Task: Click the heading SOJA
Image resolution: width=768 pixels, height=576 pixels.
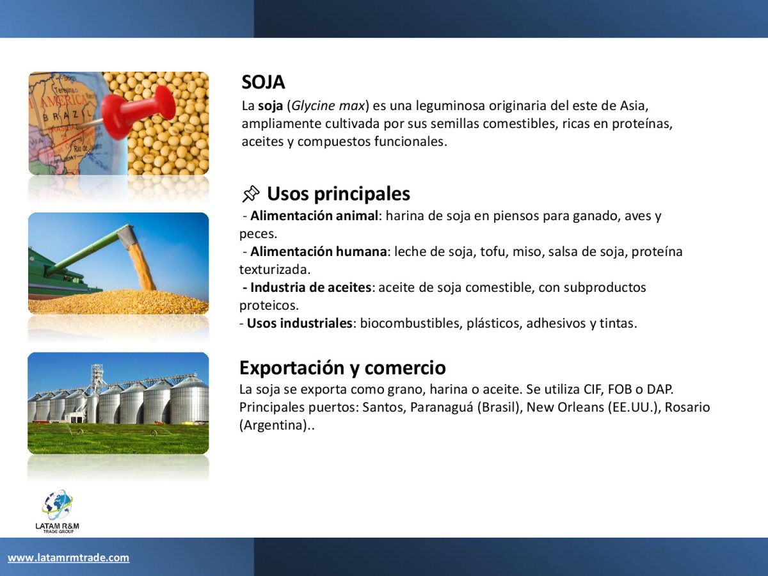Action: pyautogui.click(x=263, y=82)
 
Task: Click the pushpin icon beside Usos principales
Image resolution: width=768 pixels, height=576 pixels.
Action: pyautogui.click(x=251, y=194)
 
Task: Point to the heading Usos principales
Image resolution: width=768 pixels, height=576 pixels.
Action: pyautogui.click(x=339, y=194)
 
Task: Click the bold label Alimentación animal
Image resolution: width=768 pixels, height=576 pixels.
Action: pyautogui.click(x=314, y=216)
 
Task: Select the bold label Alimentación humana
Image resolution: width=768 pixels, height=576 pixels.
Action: pyautogui.click(x=318, y=252)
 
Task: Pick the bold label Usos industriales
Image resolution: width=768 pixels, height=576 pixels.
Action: pyautogui.click(x=300, y=323)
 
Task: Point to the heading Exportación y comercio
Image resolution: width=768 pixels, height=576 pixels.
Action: pyautogui.click(x=342, y=368)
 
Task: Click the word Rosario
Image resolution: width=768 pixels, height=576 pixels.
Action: pyautogui.click(x=687, y=408)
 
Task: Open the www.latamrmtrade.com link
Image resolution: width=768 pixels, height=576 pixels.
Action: pyautogui.click(x=68, y=557)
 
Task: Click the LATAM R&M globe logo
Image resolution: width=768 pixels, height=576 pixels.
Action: pyautogui.click(x=58, y=511)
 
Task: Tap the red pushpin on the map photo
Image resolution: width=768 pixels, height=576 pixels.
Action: pyautogui.click(x=138, y=111)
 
